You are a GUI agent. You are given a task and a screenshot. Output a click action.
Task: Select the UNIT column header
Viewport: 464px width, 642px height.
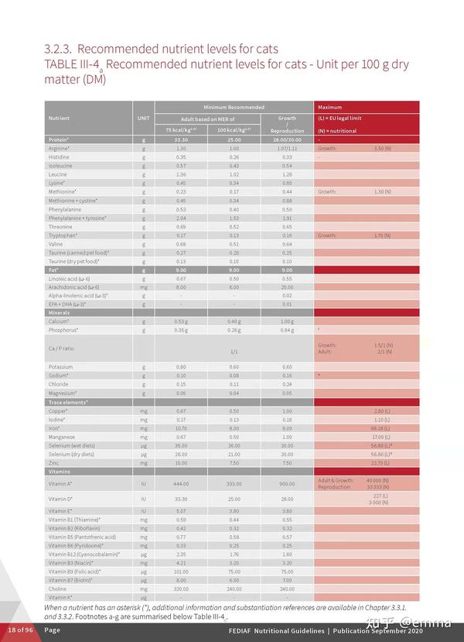click(x=143, y=118)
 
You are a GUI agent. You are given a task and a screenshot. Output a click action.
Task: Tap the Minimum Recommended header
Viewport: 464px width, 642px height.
click(x=234, y=107)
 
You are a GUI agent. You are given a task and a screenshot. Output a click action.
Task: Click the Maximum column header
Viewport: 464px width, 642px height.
click(x=329, y=107)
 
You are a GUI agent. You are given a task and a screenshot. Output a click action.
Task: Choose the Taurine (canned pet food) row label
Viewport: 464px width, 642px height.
click(x=78, y=252)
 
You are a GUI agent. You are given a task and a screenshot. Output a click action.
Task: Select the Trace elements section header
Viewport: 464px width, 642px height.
click(x=68, y=402)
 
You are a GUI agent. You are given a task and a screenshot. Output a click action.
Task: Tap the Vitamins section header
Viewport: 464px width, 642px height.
click(x=60, y=471)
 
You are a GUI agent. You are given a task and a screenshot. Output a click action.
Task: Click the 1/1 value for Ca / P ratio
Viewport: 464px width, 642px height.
click(x=234, y=352)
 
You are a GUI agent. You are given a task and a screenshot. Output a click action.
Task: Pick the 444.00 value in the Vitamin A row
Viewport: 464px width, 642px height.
click(x=181, y=483)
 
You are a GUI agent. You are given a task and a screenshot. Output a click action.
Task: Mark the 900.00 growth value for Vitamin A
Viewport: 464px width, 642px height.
click(x=287, y=483)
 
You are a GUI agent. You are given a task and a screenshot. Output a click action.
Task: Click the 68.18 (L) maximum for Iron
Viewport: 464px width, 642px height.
click(x=380, y=427)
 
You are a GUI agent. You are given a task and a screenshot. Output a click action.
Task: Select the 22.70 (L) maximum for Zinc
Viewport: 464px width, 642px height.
click(x=380, y=462)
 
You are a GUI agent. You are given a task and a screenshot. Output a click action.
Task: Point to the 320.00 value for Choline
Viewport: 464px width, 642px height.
click(x=181, y=589)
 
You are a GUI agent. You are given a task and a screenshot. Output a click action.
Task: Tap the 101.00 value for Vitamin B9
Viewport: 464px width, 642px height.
click(x=181, y=572)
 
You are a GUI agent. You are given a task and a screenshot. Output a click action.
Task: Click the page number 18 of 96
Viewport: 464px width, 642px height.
click(x=21, y=630)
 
